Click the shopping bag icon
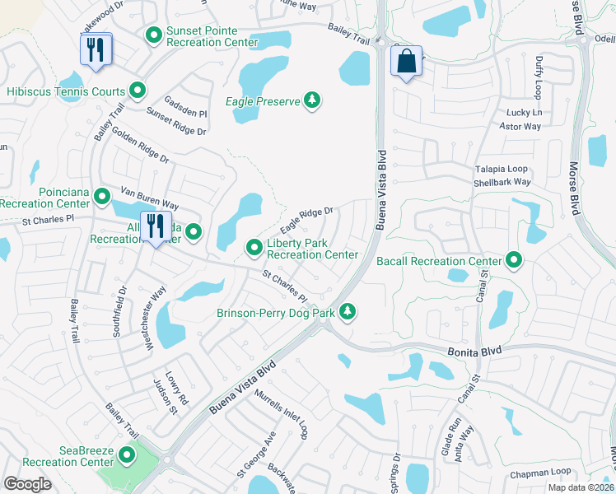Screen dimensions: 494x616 tap(407, 62)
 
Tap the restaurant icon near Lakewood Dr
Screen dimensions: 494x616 tap(96, 49)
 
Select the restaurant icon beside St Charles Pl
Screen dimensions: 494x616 tap(154, 226)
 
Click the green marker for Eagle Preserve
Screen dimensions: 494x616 tap(311, 101)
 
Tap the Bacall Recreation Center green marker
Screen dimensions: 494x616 tap(514, 261)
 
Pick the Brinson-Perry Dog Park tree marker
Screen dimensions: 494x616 tap(348, 311)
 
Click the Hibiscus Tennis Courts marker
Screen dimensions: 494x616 tap(138, 91)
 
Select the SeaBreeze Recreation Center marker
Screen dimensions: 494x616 tap(127, 454)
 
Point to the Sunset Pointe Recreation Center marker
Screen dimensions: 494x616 tap(153, 35)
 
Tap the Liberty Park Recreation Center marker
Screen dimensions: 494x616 tap(254, 247)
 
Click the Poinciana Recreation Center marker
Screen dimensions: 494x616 tap(102, 196)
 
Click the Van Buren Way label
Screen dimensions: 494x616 tap(150, 198)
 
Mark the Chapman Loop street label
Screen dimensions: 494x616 tap(539, 472)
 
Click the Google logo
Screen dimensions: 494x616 tap(28, 483)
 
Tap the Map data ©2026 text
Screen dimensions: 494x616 tap(581, 487)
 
